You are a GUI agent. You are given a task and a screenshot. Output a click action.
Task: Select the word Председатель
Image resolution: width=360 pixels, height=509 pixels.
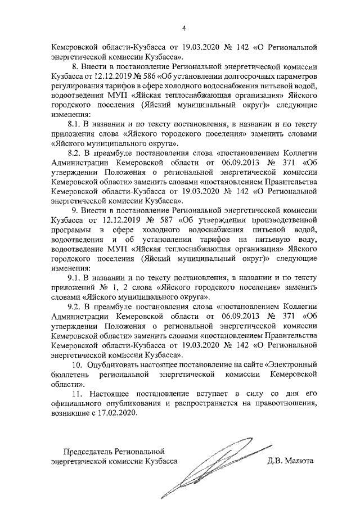click(x=87, y=451)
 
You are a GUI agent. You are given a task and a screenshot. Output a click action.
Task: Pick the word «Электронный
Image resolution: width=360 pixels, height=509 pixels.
click(x=291, y=364)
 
